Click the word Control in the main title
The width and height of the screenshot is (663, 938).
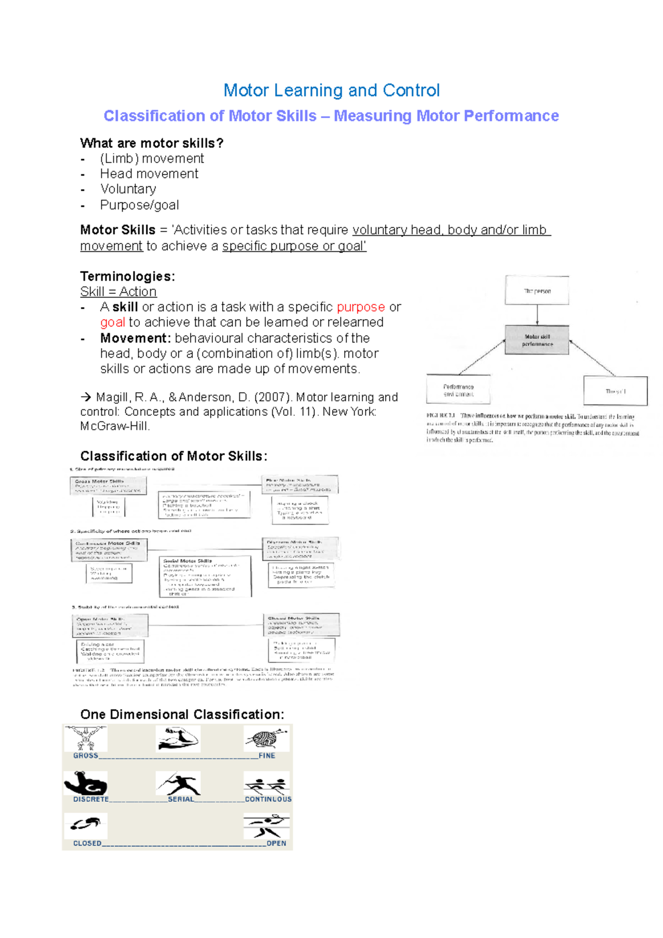pyautogui.click(x=411, y=90)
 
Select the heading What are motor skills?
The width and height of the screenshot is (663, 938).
pyautogui.click(x=151, y=143)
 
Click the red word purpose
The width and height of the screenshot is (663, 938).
pyautogui.click(x=361, y=307)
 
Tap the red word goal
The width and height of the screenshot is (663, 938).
pyautogui.click(x=112, y=322)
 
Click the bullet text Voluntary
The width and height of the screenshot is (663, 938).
pyautogui.click(x=128, y=189)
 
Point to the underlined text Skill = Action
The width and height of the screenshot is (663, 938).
pyautogui.click(x=118, y=291)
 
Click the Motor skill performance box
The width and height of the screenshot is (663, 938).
pyautogui.click(x=537, y=340)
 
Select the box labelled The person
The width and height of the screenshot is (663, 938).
pyautogui.click(x=537, y=291)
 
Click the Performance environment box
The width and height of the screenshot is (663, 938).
pyautogui.click(x=458, y=390)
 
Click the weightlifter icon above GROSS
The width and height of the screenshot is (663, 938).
pyautogui.click(x=86, y=739)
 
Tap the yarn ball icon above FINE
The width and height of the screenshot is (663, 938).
pyautogui.click(x=266, y=739)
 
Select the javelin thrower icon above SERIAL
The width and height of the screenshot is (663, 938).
pyautogui.click(x=178, y=783)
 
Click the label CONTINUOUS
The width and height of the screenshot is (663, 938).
pyautogui.click(x=268, y=799)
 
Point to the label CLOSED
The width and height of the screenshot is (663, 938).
pyautogui.click(x=87, y=843)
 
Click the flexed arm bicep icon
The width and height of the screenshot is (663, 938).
pyautogui.click(x=86, y=783)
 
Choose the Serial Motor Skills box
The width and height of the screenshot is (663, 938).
pyautogui.click(x=205, y=576)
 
